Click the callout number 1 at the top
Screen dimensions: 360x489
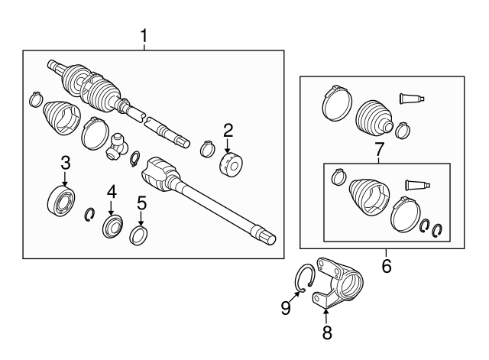[144, 34]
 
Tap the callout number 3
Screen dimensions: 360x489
[65, 162]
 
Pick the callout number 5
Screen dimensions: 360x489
[141, 203]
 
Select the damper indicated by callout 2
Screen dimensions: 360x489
[230, 164]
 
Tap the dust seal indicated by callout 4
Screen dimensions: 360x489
[113, 228]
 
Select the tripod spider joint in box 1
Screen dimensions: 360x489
[118, 144]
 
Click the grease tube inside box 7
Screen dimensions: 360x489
[417, 184]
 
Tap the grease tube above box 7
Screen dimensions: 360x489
[411, 98]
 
